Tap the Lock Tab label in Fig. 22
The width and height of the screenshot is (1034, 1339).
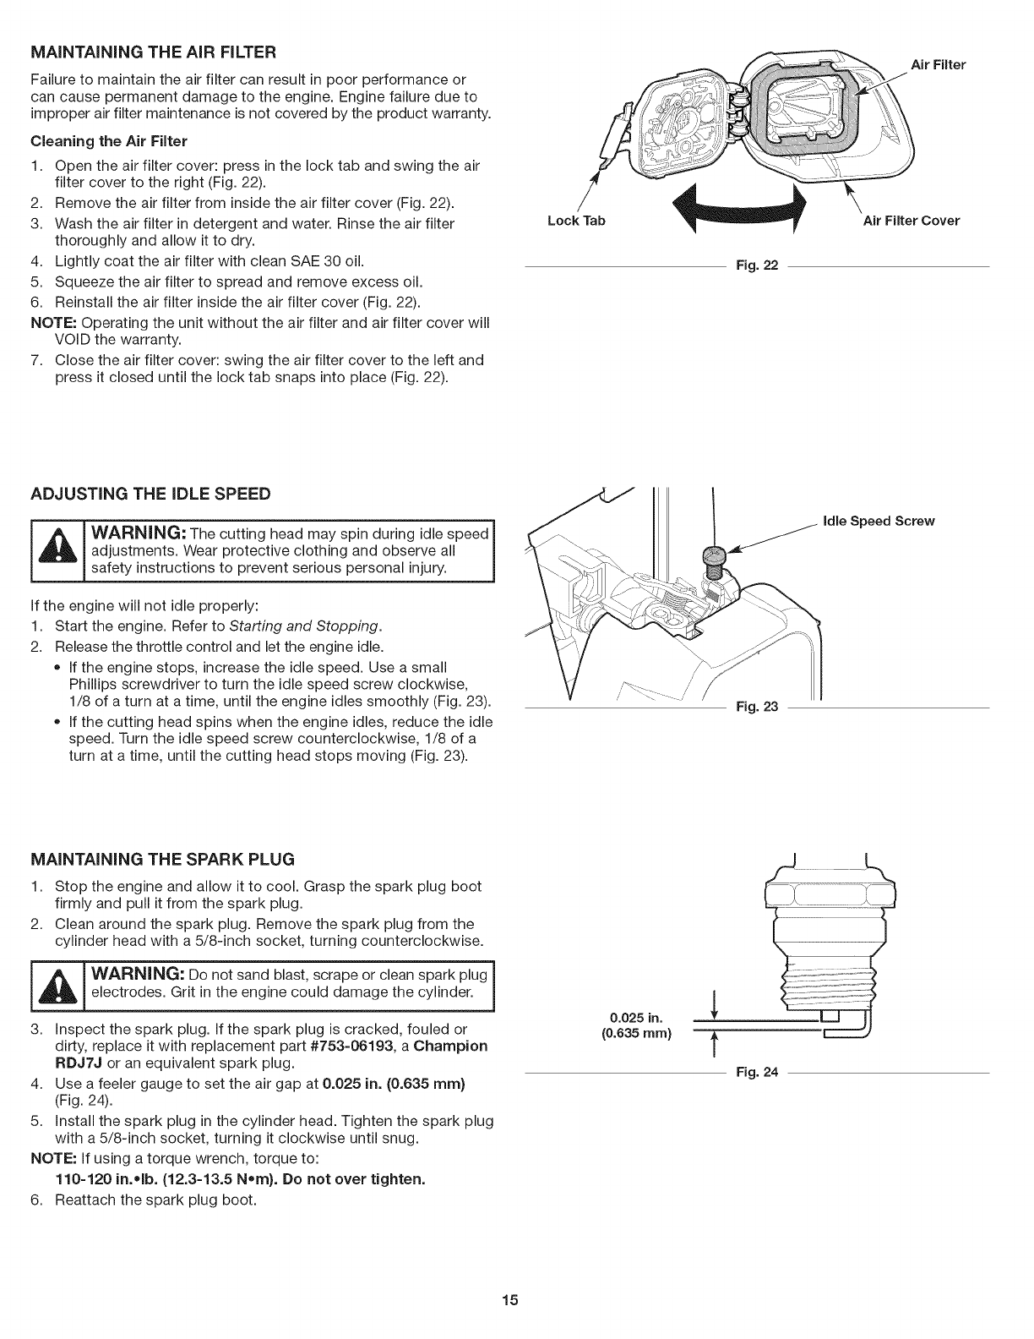577,221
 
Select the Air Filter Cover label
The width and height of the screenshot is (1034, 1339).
911,221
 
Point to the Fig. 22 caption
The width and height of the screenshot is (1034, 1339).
757,267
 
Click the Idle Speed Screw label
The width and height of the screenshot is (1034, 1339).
879,521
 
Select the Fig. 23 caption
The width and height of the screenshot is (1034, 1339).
757,706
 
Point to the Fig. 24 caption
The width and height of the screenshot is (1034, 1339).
757,1073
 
